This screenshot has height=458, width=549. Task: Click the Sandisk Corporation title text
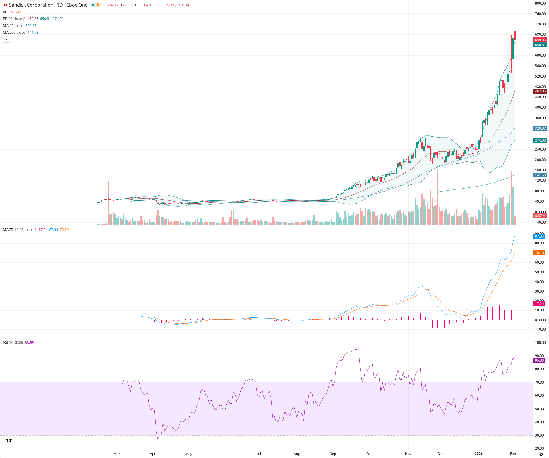tap(31, 5)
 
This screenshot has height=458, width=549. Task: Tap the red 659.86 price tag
tap(540, 40)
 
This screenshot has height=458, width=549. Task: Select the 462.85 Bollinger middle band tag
tap(540, 91)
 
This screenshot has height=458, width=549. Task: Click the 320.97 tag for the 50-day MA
tap(540, 129)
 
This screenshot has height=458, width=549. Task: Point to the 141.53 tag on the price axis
tap(540, 175)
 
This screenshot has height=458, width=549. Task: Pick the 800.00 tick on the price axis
tap(540, 3)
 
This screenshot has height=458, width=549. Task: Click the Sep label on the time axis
tap(333, 454)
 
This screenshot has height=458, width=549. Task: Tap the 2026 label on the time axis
tap(478, 454)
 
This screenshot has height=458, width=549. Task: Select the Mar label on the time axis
tap(117, 454)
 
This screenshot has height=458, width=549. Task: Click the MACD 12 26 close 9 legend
tap(19, 230)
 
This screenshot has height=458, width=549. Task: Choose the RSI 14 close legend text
tap(13, 342)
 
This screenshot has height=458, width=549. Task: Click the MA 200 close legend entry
tap(14, 33)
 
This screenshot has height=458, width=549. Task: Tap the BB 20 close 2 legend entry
tap(14, 19)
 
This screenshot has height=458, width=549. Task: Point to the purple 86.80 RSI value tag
tap(539, 360)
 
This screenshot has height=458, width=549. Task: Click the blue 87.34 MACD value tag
tap(539, 236)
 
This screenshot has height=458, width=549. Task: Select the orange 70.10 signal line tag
tap(539, 253)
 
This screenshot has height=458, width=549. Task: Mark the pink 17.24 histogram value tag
tap(539, 304)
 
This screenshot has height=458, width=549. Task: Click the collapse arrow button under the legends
tap(7, 40)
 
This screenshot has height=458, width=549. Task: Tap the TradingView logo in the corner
tap(9, 441)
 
